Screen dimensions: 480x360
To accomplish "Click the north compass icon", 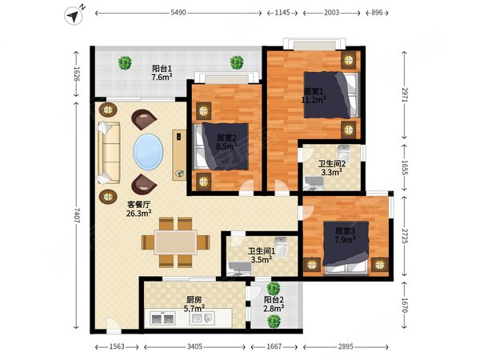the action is tap(74, 15).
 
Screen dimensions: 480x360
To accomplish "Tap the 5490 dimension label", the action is tap(178, 13).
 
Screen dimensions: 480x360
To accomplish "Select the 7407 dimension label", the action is tap(76, 215).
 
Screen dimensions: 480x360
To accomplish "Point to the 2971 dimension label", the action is tap(405, 95).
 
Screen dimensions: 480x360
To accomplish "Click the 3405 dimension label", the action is tap(194, 346).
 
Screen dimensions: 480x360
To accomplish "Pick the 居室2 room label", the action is tap(226, 138).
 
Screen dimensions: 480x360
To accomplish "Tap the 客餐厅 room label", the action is tap(138, 204).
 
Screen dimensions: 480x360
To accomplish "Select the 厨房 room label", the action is tap(194, 299).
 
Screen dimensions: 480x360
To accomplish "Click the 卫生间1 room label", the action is tap(262, 251).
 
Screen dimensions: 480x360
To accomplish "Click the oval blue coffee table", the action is tap(148, 151).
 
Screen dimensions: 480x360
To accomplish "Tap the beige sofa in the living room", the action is tap(108, 153).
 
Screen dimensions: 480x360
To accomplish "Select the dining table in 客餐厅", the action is tap(176, 242).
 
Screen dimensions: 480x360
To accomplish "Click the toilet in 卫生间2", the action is tap(344, 153).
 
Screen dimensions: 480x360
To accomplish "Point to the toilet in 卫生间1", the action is tap(281, 246).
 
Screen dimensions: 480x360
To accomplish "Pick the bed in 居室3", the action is tap(346, 247).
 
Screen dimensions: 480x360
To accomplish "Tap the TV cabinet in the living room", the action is tap(179, 155).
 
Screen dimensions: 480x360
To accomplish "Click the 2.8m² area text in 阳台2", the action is tap(274, 308).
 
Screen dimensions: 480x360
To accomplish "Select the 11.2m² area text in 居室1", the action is tap(314, 100).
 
